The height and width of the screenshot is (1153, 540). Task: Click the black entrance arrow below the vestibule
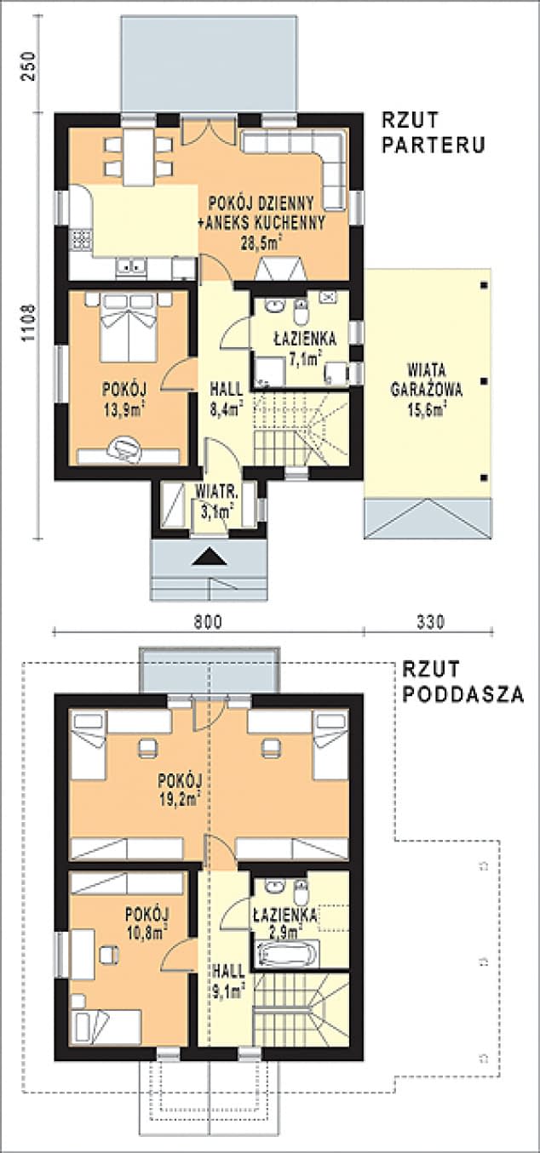(210, 557)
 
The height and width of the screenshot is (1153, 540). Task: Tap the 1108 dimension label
(26, 324)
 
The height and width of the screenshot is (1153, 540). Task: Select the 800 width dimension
(207, 621)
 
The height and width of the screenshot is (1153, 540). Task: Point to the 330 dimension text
(430, 621)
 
